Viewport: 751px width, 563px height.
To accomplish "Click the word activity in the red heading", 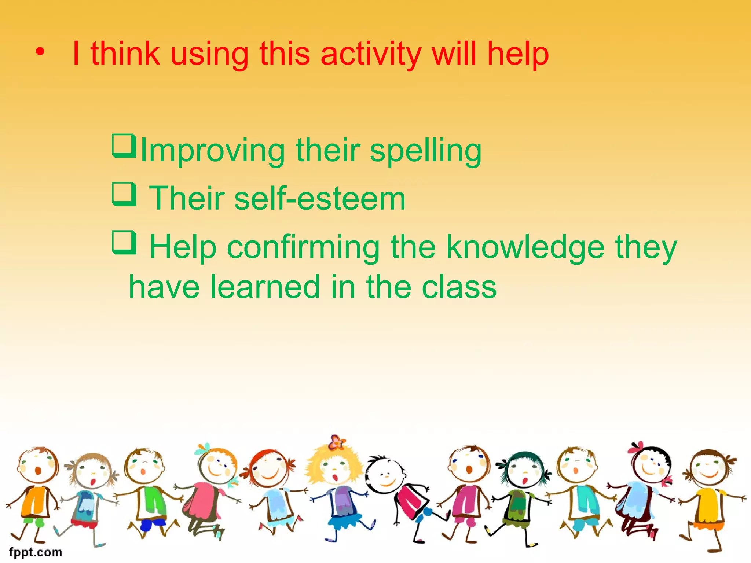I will point(371,54).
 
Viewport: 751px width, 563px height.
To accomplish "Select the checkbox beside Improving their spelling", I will point(124,146).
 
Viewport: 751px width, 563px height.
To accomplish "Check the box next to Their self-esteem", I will point(124,194).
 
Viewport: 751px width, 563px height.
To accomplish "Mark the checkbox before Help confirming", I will point(124,242).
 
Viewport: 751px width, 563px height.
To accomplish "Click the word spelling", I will point(425,151).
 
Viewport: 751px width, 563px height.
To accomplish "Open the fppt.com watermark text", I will point(36,552).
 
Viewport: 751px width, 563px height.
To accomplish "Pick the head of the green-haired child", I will point(524,471).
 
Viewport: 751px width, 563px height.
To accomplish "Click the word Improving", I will point(213,151).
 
